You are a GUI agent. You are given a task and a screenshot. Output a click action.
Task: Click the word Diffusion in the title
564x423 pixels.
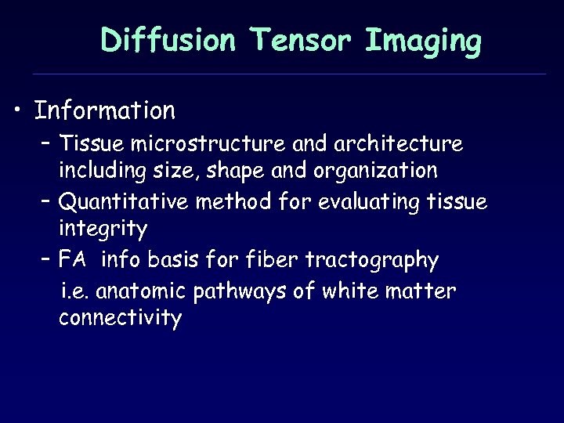click(x=168, y=40)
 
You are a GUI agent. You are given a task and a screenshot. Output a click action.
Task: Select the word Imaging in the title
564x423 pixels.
click(x=423, y=42)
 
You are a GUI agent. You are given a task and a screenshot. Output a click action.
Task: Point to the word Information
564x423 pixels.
click(x=105, y=110)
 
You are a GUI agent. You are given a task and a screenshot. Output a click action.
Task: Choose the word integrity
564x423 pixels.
click(x=103, y=230)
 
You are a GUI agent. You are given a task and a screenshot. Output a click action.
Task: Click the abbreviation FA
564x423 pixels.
click(x=72, y=259)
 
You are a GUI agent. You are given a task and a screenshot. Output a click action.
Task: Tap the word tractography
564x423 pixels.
click(x=372, y=260)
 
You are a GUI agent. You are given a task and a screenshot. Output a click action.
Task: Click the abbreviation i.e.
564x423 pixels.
click(x=76, y=291)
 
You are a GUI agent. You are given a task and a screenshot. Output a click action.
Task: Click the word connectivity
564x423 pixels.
click(x=120, y=319)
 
